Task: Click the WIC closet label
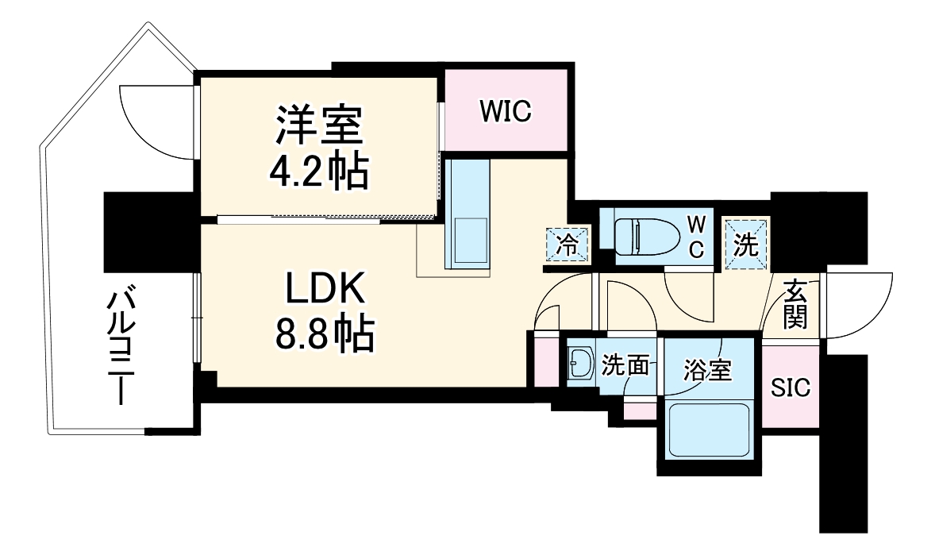[x=505, y=111]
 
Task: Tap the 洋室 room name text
[x=318, y=124]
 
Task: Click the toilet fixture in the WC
[x=646, y=235]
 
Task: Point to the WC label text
[x=695, y=235]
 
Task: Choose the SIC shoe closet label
[x=791, y=387]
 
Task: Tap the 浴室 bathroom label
[x=707, y=370]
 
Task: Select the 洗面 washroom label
[x=625, y=366]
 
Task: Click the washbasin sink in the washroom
[x=580, y=364]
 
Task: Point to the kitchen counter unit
[x=467, y=212]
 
